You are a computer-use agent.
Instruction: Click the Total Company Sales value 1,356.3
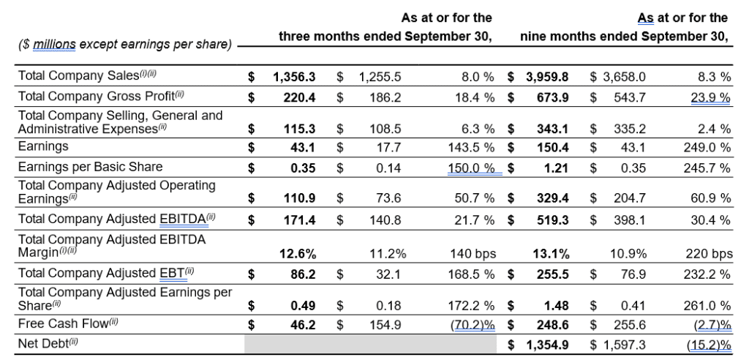[x=294, y=76]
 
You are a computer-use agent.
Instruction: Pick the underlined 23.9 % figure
[x=710, y=97]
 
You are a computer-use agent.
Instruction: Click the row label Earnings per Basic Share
[x=91, y=167]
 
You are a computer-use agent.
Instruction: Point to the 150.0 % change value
[x=474, y=167]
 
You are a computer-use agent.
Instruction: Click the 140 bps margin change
[x=474, y=254]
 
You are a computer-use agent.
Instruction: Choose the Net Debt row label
[x=48, y=342]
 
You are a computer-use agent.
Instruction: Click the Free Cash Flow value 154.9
[x=385, y=323]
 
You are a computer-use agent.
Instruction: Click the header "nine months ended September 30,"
[x=624, y=36]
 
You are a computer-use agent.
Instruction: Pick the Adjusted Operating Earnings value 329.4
[x=549, y=198]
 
